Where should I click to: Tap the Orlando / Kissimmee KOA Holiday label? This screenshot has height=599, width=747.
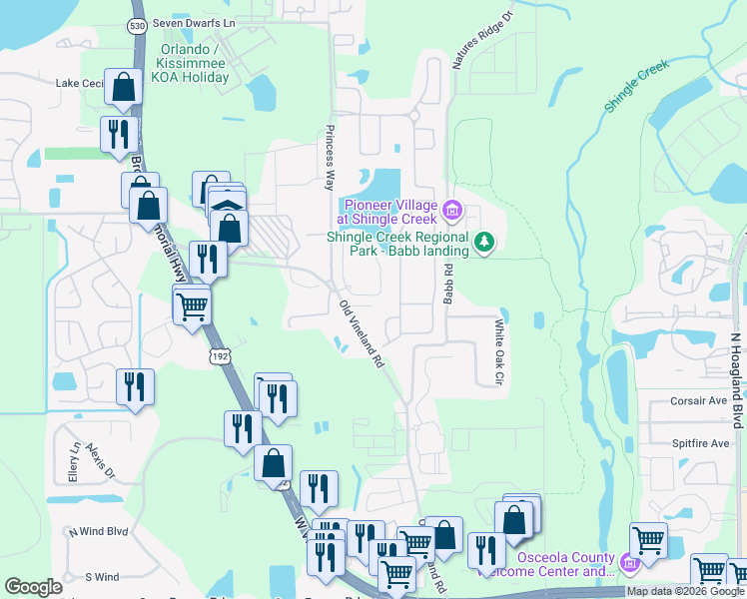pyautogui.click(x=196, y=62)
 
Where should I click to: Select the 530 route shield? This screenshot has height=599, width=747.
pyautogui.click(x=138, y=26)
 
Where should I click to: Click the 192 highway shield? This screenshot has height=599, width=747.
pyautogui.click(x=220, y=356)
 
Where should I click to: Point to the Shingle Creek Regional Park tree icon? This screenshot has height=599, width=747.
pyautogui.click(x=484, y=242)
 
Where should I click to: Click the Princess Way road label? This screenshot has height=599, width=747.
pyautogui.click(x=328, y=157)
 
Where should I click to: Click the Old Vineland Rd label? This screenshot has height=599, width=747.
pyautogui.click(x=361, y=335)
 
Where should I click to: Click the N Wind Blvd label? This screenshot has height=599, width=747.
pyautogui.click(x=100, y=532)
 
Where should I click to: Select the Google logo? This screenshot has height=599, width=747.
pyautogui.click(x=34, y=587)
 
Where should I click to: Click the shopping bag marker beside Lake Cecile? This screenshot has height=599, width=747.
pyautogui.click(x=123, y=89)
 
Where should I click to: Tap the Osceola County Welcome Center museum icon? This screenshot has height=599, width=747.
pyautogui.click(x=629, y=564)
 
